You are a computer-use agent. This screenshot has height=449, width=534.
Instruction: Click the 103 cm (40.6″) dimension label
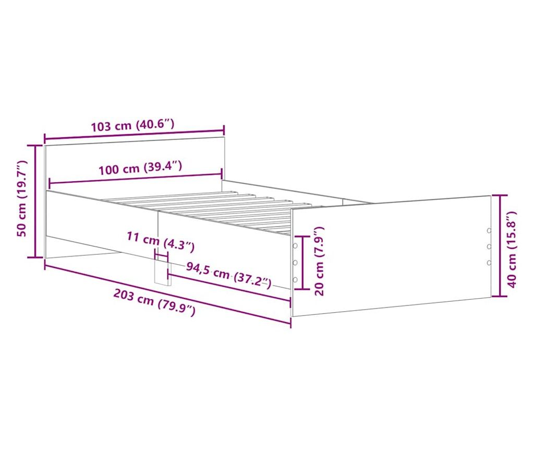coord(132,125)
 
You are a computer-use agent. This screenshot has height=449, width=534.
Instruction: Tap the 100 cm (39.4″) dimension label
coord(140,168)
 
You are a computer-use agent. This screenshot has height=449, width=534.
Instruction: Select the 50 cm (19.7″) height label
coord(22,198)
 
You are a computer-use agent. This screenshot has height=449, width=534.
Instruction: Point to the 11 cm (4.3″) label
coord(161,241)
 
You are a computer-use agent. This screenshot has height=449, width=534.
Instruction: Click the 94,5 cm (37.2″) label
coord(228,275)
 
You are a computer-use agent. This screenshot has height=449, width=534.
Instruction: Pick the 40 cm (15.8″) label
coord(512,249)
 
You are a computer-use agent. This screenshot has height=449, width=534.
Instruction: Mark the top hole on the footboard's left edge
coord(295,245)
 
